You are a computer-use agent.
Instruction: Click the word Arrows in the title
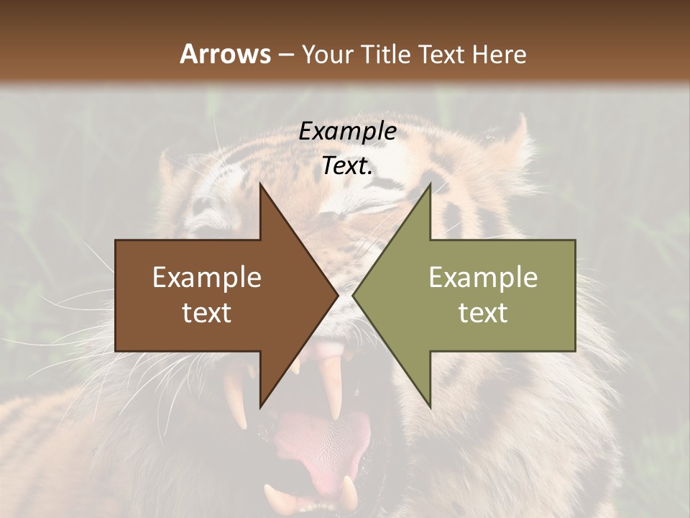coord(225,54)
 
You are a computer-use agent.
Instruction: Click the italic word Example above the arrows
coord(347,132)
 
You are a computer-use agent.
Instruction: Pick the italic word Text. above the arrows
coord(347,166)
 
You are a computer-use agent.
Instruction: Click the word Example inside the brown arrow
coord(206,278)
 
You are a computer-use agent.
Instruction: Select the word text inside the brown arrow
coord(206,313)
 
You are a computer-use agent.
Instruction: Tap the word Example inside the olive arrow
coord(483,278)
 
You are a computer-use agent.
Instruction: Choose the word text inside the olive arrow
coord(483,313)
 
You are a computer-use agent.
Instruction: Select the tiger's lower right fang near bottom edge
coord(349,494)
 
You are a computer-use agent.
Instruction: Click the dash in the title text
coord(286,55)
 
